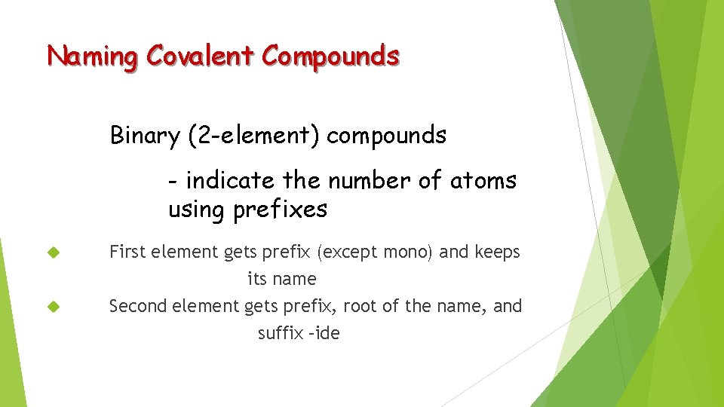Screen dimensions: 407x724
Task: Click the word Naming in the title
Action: click(93, 57)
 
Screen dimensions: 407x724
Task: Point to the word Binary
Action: click(145, 136)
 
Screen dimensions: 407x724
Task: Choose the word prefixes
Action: click(280, 210)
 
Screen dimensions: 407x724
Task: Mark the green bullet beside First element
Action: click(53, 252)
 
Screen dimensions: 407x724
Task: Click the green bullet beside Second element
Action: click(53, 307)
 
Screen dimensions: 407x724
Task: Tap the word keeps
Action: click(497, 252)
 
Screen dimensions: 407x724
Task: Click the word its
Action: click(256, 279)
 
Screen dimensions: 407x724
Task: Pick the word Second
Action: click(138, 306)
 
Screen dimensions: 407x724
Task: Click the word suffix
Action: click(279, 333)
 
